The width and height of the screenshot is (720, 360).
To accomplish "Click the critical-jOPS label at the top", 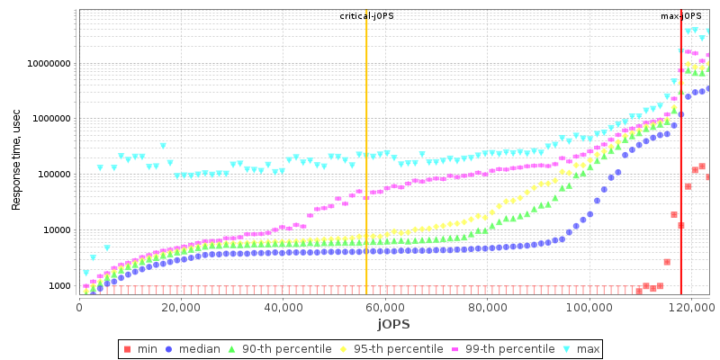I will pyautogui.click(x=366, y=16).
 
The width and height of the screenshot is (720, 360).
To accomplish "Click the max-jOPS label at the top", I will pyautogui.click(x=680, y=16).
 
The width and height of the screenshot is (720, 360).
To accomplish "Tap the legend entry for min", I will pyautogui.click(x=144, y=348).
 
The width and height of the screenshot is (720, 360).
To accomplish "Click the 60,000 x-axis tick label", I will pyautogui.click(x=384, y=306).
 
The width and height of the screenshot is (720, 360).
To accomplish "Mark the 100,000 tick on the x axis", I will pyautogui.click(x=589, y=306).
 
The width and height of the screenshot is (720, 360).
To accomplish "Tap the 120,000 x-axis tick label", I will pyautogui.click(x=690, y=306).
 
